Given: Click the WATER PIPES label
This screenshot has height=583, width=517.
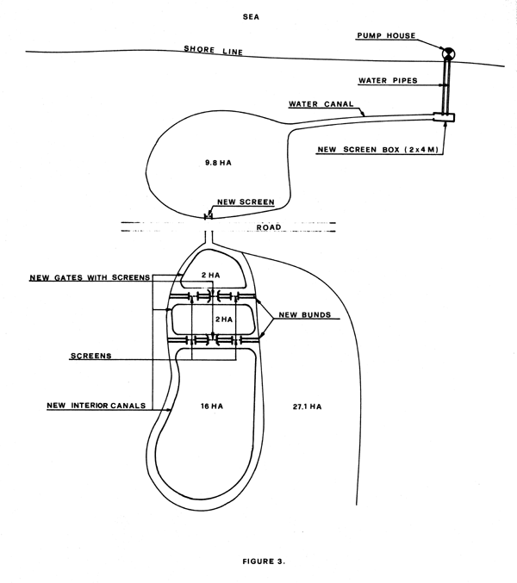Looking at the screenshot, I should click(x=388, y=82).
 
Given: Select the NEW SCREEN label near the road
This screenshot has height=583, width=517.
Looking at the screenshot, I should click(x=246, y=202).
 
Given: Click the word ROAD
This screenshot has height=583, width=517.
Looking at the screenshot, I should click(x=270, y=228).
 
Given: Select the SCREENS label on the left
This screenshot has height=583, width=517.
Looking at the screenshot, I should click(x=93, y=355).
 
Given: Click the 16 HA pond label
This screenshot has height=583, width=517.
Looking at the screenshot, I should click(x=210, y=403).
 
